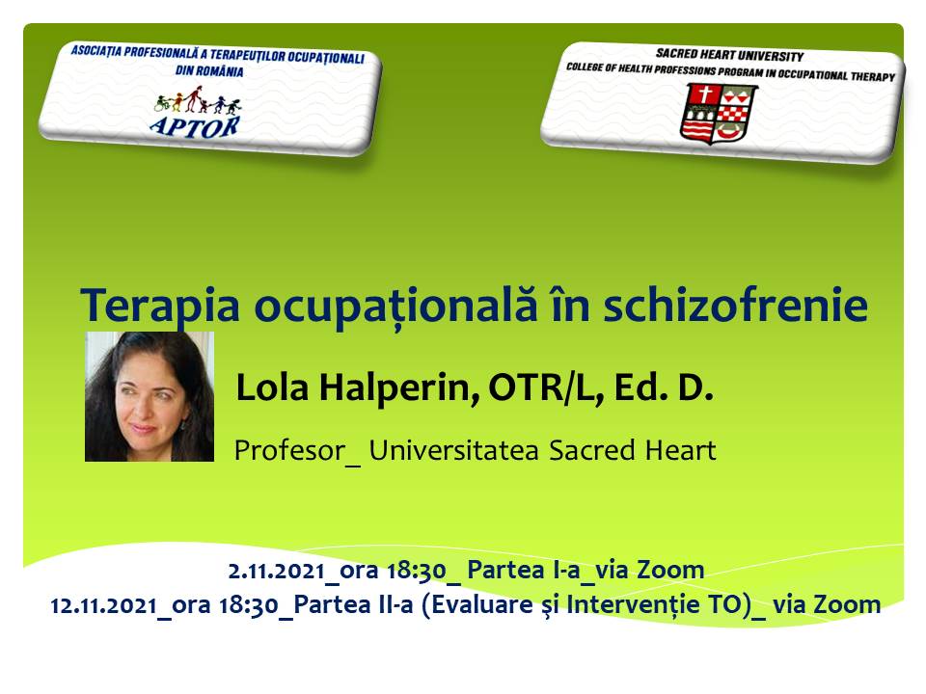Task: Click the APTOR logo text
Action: click(x=194, y=126)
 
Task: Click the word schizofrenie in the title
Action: click(x=735, y=305)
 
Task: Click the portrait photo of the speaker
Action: click(x=150, y=396)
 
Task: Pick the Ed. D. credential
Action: click(x=664, y=387)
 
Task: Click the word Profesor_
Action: click(x=297, y=451)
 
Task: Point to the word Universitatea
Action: click(x=453, y=450)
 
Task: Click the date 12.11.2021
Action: click(x=103, y=606)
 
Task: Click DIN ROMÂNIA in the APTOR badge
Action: click(x=209, y=71)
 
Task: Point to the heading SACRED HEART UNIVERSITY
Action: click(x=729, y=56)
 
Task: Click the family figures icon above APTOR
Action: click(x=197, y=100)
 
